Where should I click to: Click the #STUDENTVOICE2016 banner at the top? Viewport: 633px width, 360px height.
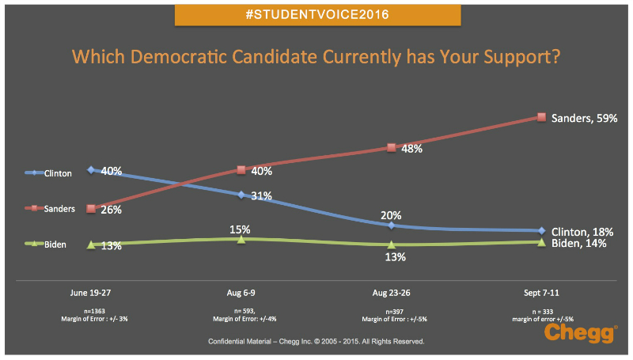pos(316,15)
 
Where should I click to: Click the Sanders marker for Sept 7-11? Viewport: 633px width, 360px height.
pos(541,117)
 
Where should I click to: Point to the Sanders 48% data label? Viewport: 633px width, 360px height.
pos(411,148)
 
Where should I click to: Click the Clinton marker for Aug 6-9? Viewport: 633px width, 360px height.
pos(241,194)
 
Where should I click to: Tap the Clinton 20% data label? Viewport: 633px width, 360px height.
pos(391,214)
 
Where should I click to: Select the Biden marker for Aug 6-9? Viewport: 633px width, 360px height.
pos(241,239)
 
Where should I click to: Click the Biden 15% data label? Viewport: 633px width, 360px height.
pos(241,229)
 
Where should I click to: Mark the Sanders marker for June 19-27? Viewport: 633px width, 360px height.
pos(92,209)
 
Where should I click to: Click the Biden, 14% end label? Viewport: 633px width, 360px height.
pos(578,243)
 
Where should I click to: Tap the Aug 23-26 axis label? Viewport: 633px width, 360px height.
pos(391,290)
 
